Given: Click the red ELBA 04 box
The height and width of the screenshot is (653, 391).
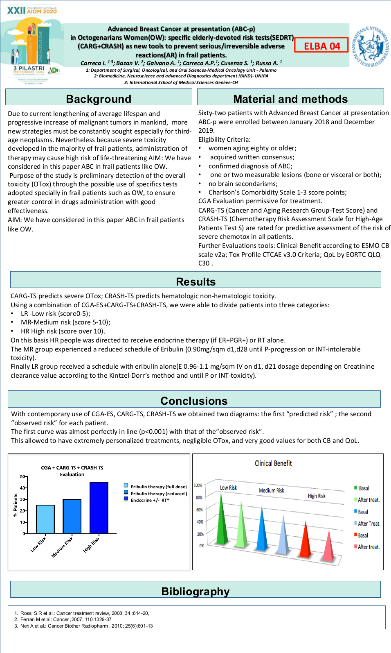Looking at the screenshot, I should [321, 45].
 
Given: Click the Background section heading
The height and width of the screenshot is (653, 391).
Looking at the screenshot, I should [99, 99].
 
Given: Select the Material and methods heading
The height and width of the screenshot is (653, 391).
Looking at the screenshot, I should [290, 99].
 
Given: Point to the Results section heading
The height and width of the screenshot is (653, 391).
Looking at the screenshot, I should [195, 281].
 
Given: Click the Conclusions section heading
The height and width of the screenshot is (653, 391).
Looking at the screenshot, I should [194, 401].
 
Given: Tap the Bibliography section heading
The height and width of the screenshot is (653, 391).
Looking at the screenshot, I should [195, 591].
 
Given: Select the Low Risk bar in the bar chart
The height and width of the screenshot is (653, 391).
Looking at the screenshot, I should [45, 519].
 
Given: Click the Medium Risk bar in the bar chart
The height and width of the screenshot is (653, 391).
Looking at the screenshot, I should [72, 517].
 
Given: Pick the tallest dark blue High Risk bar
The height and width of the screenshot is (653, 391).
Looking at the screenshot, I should [99, 508].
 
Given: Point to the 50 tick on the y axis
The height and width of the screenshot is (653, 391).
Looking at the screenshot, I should [22, 476].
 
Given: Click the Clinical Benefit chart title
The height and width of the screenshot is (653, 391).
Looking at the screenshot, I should [273, 463].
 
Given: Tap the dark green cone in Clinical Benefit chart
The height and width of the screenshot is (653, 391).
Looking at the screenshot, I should [222, 520].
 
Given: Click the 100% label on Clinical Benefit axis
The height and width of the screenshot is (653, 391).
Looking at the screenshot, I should [198, 485].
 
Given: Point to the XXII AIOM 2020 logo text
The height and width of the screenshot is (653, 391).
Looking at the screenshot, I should [32, 10].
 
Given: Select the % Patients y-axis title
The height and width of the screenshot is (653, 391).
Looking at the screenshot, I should [16, 505].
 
